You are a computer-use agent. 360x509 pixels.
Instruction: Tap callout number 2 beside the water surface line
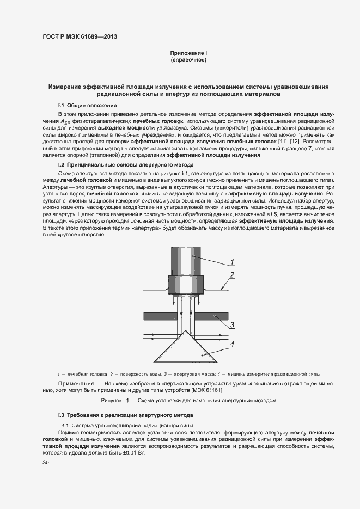pos(231,274)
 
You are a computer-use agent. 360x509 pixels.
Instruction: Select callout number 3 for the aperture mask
pos(231,326)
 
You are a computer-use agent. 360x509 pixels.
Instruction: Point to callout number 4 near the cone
pos(231,344)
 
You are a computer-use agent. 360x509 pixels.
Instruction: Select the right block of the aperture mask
pos(212,316)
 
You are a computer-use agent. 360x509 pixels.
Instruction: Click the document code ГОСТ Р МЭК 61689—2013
pos(80,37)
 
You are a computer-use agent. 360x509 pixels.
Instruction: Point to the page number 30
pos(46,463)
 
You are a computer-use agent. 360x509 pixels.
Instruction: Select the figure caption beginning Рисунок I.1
pos(188,401)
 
